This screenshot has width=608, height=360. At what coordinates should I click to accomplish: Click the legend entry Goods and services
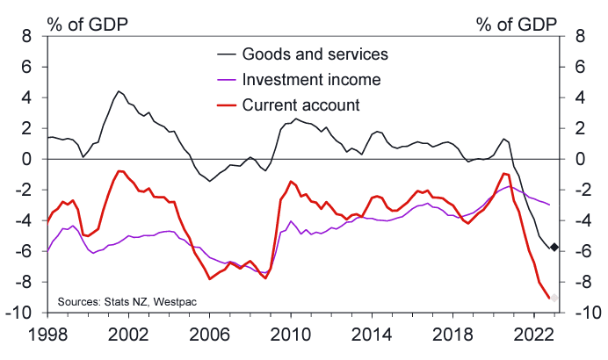click(x=320, y=55)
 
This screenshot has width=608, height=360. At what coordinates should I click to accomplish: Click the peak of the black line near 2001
click(x=118, y=91)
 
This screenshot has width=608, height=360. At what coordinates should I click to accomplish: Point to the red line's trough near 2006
click(x=209, y=278)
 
